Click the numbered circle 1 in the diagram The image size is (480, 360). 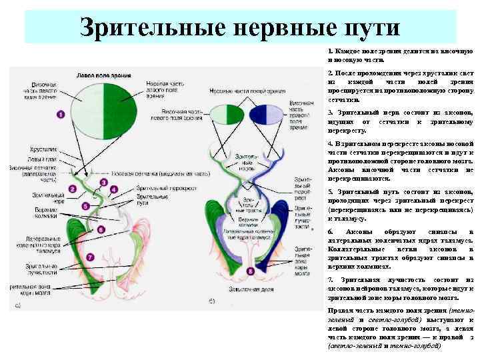click(61, 115)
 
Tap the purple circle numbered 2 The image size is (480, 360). click(73, 189)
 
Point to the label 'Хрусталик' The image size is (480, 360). click(42, 150)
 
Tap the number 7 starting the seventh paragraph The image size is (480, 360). click(330, 279)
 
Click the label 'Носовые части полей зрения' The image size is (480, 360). click(241, 89)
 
